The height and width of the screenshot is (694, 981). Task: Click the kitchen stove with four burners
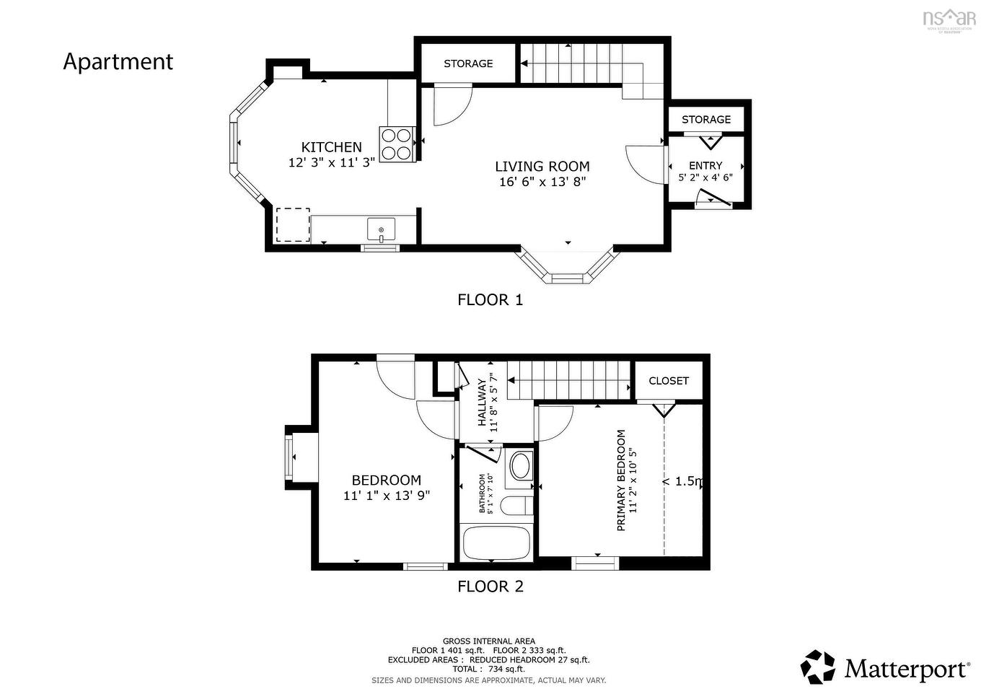tap(397, 144)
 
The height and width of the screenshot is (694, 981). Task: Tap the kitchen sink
tap(381, 229)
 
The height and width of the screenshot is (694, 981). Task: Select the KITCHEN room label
tap(331, 147)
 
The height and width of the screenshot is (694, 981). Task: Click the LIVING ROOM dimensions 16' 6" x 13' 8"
tap(542, 182)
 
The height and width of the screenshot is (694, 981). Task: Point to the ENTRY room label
tap(705, 166)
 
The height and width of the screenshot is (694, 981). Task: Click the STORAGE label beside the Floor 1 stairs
tap(468, 63)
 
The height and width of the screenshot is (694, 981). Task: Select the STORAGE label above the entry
tap(706, 120)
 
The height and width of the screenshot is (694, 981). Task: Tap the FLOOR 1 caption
tap(490, 300)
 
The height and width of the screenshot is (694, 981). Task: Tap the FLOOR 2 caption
tap(490, 587)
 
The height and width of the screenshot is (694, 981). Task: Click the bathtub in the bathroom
tap(496, 543)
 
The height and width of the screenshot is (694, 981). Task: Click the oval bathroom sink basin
tap(519, 465)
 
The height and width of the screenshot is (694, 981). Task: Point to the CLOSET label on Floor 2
tap(669, 381)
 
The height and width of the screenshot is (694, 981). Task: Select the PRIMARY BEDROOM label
tap(621, 480)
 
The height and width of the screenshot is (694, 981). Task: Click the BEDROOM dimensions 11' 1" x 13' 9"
tap(387, 496)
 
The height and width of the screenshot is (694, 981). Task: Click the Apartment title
tap(118, 62)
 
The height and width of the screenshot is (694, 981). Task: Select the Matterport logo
tap(885, 667)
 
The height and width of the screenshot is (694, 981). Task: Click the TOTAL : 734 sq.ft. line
tap(488, 669)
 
